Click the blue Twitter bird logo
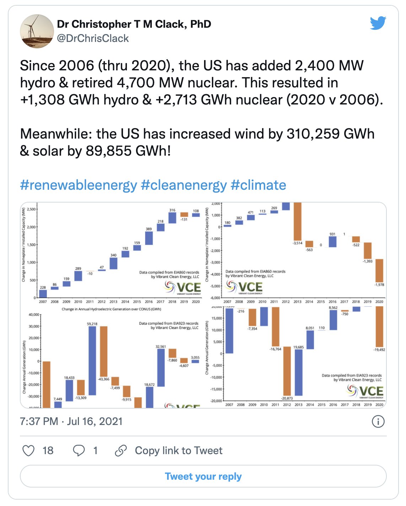click(x=378, y=23)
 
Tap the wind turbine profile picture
click(x=37, y=31)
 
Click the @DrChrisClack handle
click(x=93, y=38)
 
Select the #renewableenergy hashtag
click(x=79, y=185)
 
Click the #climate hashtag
click(x=258, y=185)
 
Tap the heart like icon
click(x=28, y=451)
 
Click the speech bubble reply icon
click(x=79, y=451)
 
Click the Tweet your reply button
click(x=203, y=476)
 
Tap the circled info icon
click(x=378, y=421)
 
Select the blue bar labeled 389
click(x=149, y=238)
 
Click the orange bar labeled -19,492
click(x=379, y=327)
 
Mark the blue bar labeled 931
click(x=332, y=242)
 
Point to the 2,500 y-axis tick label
click(x=31, y=209)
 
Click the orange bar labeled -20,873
click(x=287, y=371)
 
